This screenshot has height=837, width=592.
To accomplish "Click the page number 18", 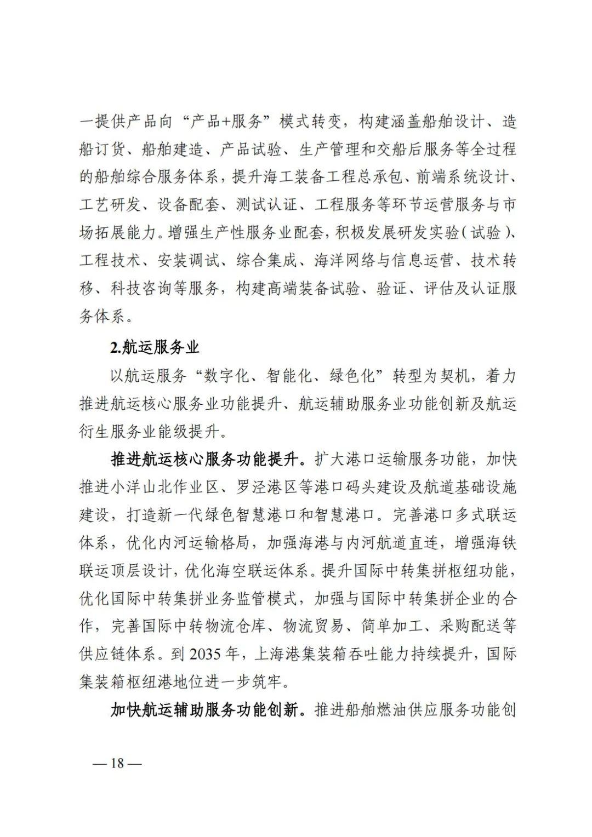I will point(117,763).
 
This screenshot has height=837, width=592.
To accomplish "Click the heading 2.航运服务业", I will point(155,347).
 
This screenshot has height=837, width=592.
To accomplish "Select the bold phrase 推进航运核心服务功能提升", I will point(204,459).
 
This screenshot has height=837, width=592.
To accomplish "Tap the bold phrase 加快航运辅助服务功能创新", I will point(204,710).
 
